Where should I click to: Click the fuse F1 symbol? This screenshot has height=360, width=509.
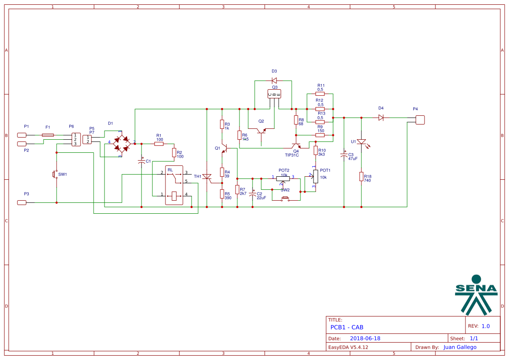pyautogui.click(x=48, y=135)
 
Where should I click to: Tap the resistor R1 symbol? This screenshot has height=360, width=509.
pyautogui.click(x=159, y=144)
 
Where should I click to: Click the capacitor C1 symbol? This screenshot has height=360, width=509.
pyautogui.click(x=142, y=161)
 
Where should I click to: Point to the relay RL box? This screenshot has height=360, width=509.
pyautogui.click(x=174, y=185)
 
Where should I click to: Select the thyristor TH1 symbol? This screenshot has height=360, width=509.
pyautogui.click(x=207, y=177)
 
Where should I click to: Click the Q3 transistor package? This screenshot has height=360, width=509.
pyautogui.click(x=274, y=94)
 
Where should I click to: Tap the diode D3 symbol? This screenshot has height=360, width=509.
pyautogui.click(x=274, y=81)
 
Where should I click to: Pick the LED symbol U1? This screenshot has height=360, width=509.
pyautogui.click(x=361, y=142)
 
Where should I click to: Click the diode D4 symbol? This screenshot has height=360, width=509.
pyautogui.click(x=381, y=118)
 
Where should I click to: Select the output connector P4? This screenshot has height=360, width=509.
pyautogui.click(x=420, y=120)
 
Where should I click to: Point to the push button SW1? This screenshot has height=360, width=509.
pyautogui.click(x=55, y=174)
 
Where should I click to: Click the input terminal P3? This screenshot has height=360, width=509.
pyautogui.click(x=22, y=202)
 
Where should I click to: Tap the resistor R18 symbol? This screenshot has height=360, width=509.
pyautogui.click(x=361, y=176)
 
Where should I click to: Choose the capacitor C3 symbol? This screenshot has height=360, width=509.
pyautogui.click(x=344, y=155)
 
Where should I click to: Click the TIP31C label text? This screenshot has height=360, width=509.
pyautogui.click(x=292, y=155)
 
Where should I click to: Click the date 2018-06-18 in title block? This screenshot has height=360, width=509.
pyautogui.click(x=365, y=338)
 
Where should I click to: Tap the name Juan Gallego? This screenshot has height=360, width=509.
pyautogui.click(x=460, y=347)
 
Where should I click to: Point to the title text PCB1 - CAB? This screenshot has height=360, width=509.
pyautogui.click(x=347, y=327)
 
